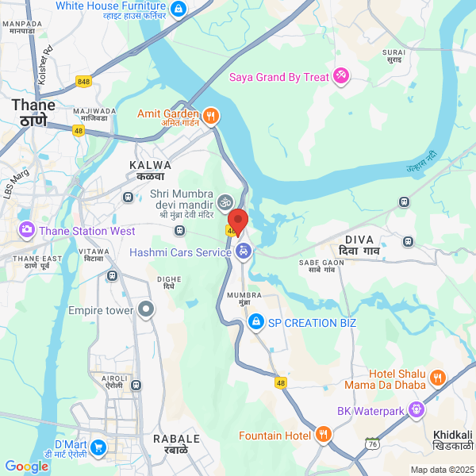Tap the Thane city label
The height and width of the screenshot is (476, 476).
pos(33,113)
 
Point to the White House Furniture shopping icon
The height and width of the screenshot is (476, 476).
pos(178,9)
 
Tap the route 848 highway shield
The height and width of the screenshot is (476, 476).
pos(83,81)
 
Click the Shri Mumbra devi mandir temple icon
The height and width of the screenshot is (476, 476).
pos(225,202)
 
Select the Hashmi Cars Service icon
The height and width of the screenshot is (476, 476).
pos(244,252)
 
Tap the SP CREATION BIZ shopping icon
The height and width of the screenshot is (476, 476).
pos(255,322)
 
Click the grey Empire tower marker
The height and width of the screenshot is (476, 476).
pos(145,310)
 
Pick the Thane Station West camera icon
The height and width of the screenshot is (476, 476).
pos(27,231)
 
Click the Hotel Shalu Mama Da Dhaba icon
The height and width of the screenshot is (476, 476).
pos(438,377)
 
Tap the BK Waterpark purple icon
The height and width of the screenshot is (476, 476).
pos(417,410)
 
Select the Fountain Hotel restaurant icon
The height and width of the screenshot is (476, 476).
pos(322,434)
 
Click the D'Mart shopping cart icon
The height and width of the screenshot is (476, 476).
pos(98,447)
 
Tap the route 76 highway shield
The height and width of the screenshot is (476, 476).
pos(371,442)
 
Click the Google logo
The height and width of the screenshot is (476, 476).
pos(26,466)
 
